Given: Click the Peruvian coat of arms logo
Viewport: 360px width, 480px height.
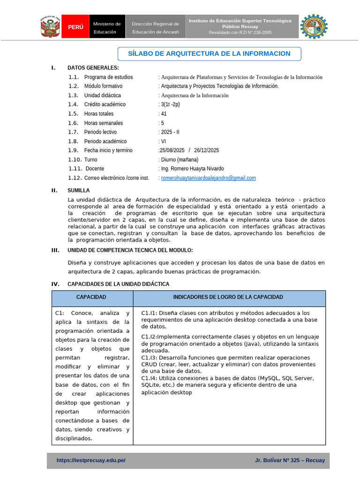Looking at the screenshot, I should pos(50,27).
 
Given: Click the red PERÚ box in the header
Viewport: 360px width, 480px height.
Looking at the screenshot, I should pos(75,27).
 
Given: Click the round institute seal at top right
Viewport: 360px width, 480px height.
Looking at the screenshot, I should pos(314,27).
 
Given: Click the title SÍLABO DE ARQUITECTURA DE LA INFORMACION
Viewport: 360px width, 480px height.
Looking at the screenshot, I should pos(209,54).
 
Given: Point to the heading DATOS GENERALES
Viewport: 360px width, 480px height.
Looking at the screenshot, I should pos(93,68).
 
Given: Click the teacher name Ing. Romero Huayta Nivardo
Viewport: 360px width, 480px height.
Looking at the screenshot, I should pos(192,169).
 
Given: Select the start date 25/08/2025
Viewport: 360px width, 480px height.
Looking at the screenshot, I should pos(172,150).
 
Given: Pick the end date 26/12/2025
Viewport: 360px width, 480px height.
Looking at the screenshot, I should pos(206,150).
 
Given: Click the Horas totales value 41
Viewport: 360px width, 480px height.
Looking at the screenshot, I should pos(164,114).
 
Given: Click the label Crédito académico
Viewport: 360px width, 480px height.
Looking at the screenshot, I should pos(105,105).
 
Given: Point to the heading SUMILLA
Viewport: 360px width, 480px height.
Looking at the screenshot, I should pos(78,190).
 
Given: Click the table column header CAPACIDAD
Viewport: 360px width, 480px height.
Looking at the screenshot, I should pos(91,297).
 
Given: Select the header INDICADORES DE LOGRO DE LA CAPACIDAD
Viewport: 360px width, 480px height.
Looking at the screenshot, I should pos(228,297).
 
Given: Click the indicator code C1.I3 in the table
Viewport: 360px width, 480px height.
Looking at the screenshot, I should pos(149,357).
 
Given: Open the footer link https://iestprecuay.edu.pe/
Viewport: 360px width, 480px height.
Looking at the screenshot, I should pos(91,460).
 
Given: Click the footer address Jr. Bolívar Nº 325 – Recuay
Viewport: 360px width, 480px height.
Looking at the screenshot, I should pos(290,460).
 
